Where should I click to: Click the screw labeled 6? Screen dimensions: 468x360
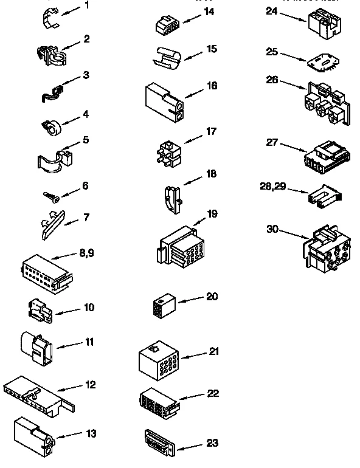pyautogui.click(x=50, y=196)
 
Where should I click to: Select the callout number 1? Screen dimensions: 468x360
pyautogui.click(x=86, y=5)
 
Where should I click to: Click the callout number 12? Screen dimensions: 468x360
pyautogui.click(x=90, y=385)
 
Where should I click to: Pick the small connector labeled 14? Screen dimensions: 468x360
pyautogui.click(x=166, y=24)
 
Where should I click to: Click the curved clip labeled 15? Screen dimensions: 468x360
pyautogui.click(x=167, y=56)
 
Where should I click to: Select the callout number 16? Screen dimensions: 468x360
pyautogui.click(x=212, y=86)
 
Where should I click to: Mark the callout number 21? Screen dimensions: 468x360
pyautogui.click(x=213, y=351)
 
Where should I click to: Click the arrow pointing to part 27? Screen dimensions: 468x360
pyautogui.click(x=294, y=146)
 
